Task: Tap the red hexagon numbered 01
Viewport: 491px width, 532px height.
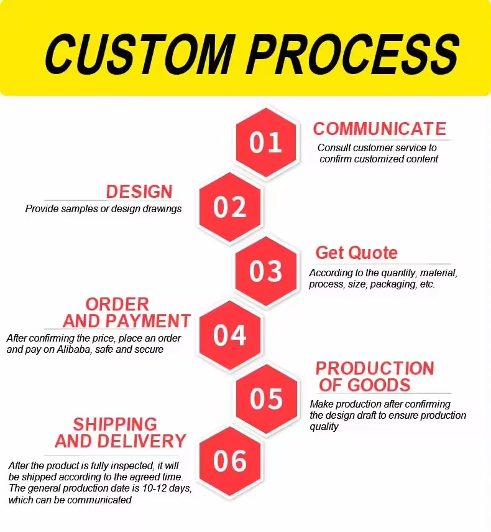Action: [x=266, y=142]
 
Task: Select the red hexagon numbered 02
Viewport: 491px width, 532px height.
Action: [x=230, y=207]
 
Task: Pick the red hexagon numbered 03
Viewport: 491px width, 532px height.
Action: [x=266, y=271]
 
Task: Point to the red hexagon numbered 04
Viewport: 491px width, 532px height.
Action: [x=230, y=335]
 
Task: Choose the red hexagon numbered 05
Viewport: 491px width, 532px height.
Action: [x=266, y=398]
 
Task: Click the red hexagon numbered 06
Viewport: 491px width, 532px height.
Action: [x=230, y=461]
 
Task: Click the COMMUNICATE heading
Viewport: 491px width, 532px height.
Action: [x=380, y=129]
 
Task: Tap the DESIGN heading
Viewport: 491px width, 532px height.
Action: [x=139, y=192]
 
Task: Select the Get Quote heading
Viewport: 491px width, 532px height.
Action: [x=357, y=253]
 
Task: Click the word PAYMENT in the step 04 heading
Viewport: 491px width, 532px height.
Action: [x=149, y=321]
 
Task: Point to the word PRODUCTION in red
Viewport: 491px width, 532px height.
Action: [x=375, y=368]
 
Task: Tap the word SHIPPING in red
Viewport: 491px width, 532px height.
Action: [x=115, y=424]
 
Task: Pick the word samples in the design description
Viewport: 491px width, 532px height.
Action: [x=79, y=208]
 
